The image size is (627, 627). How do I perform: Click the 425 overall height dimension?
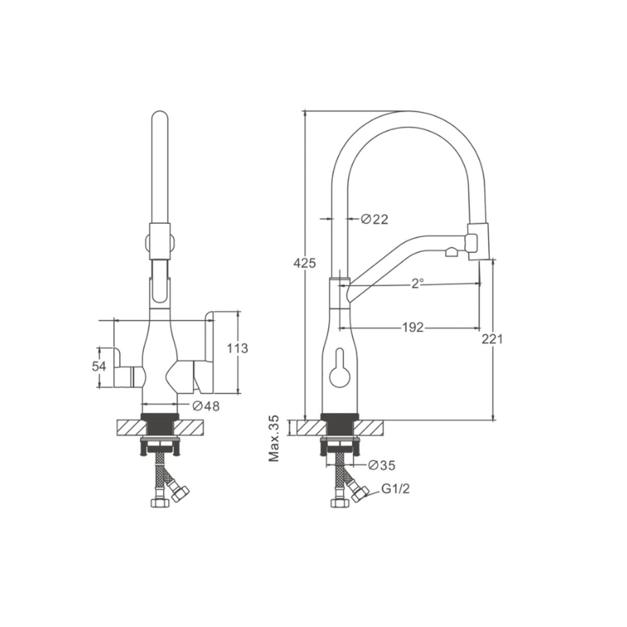click(304, 263)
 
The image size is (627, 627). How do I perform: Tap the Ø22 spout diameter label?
click(375, 219)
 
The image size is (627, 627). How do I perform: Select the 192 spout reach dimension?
click(413, 327)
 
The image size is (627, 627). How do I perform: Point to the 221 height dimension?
click(492, 340)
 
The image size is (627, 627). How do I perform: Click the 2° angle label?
click(417, 284)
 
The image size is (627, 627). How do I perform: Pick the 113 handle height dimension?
click(237, 349)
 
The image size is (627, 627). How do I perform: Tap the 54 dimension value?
click(99, 366)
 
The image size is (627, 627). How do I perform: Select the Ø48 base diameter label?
click(206, 406)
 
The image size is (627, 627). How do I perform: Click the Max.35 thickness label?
click(274, 438)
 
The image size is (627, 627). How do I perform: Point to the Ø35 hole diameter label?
click(381, 466)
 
